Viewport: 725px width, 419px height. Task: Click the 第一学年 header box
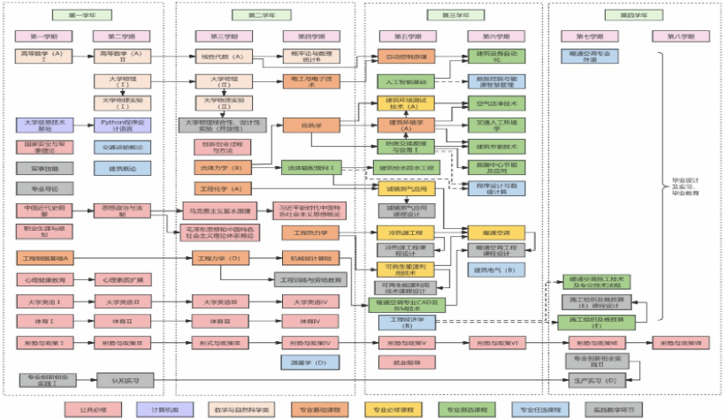pyautogui.click(x=86, y=16)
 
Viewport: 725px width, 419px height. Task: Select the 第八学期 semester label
pyautogui.click(x=677, y=37)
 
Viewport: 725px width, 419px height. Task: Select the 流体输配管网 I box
pyautogui.click(x=313, y=167)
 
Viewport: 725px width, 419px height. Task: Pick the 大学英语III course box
pyautogui.click(x=218, y=301)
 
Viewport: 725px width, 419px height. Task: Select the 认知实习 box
pyautogui.click(x=125, y=380)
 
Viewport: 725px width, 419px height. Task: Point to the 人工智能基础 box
pyautogui.click(x=406, y=81)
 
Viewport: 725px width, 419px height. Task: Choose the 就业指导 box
pyautogui.click(x=407, y=362)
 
